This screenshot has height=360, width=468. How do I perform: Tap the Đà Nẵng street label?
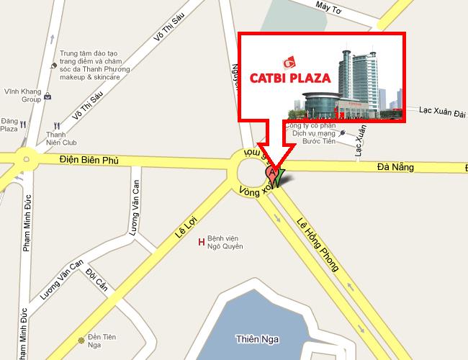(395, 167)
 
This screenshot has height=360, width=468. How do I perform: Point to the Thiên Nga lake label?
(257, 338)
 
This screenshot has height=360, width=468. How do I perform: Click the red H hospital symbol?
(201, 241)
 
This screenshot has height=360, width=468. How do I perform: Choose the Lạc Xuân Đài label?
(443, 112)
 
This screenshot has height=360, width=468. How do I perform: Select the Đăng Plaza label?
(9, 125)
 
